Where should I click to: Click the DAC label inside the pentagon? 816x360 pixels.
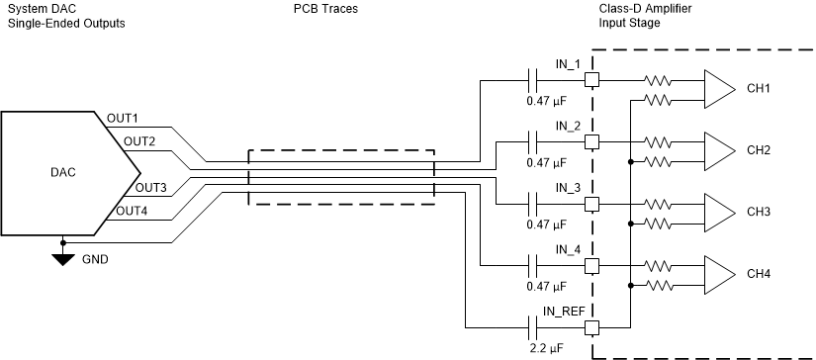[x=62, y=172]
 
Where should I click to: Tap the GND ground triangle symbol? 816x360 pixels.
[x=63, y=260]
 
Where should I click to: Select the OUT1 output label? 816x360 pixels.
[x=123, y=119]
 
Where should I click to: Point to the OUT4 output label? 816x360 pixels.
[x=133, y=211]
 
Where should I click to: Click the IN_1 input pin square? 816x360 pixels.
[x=592, y=81]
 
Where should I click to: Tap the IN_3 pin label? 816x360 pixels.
[x=568, y=188]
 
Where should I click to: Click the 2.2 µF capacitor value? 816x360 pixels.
[x=547, y=348]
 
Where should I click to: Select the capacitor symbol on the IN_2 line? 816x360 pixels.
[x=534, y=142]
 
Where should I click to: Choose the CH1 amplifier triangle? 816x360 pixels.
[x=718, y=89]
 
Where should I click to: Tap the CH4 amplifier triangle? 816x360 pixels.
[x=718, y=274]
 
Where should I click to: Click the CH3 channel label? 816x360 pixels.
[x=760, y=213]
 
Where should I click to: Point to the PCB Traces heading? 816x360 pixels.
[x=326, y=9]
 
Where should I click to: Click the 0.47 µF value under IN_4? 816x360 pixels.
[x=547, y=286]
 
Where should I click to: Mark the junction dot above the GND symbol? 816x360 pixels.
[x=63, y=241]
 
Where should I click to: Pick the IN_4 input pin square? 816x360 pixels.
[x=592, y=266]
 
